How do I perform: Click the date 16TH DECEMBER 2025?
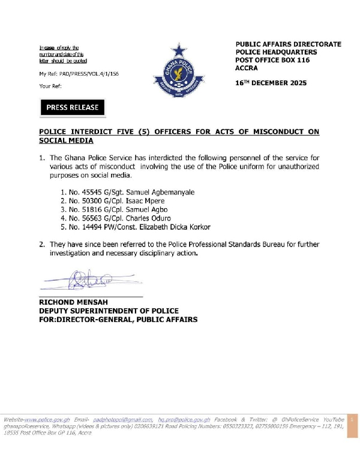pyautogui.click(x=271, y=83)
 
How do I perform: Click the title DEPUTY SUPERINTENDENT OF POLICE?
pyautogui.click(x=109, y=311)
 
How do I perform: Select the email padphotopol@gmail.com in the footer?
pyautogui.click(x=122, y=419)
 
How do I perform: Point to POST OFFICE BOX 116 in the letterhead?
pyautogui.click(x=272, y=61)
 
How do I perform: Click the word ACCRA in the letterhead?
pyautogui.click(x=247, y=68)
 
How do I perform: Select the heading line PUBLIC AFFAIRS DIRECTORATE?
pyautogui.click(x=288, y=44)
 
